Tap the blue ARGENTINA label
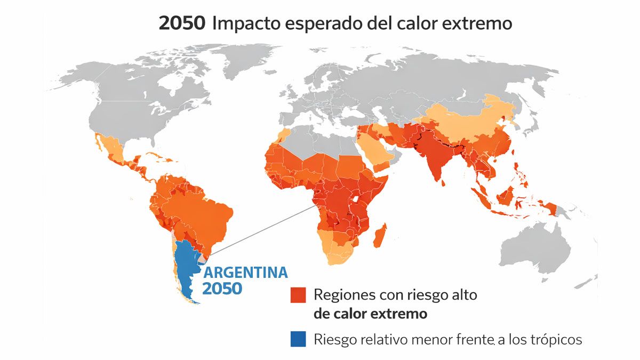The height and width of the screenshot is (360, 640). (246, 273)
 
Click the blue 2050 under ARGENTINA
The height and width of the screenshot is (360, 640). (222, 289)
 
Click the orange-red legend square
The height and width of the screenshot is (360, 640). (298, 295)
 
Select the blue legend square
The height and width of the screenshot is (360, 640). (298, 339)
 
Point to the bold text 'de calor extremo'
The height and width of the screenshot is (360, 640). (371, 314)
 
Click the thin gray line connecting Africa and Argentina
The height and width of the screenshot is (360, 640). (261, 229)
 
